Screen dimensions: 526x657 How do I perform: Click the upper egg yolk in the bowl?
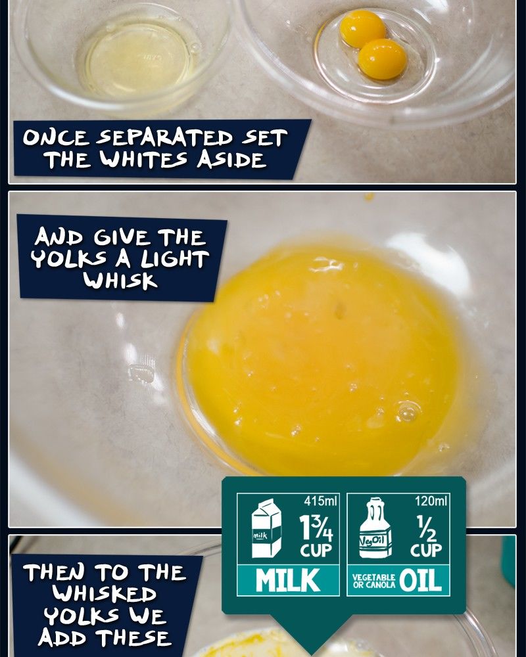tap(362, 28)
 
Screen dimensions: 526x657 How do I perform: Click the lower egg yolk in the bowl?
tap(383, 59)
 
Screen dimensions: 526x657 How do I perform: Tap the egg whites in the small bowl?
tap(138, 60)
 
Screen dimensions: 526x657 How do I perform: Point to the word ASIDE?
tap(232, 159)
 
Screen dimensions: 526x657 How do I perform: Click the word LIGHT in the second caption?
tap(175, 259)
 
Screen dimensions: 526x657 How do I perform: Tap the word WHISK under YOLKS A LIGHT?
tap(120, 280)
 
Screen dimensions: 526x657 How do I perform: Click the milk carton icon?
tap(266, 528)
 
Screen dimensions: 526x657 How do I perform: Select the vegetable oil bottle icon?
tap(375, 528)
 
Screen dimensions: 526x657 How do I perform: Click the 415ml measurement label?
tap(320, 501)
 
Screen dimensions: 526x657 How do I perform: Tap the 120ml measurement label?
tap(431, 501)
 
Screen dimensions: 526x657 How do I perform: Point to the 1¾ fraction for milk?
tap(316, 528)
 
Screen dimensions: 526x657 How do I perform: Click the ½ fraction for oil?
tap(426, 528)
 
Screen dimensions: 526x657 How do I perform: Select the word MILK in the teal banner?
tap(288, 580)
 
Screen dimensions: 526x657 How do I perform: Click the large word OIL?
tap(420, 580)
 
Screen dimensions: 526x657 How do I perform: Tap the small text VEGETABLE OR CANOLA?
tap(374, 581)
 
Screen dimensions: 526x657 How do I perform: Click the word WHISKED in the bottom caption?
tap(104, 594)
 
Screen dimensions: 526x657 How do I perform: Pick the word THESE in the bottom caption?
tap(134, 638)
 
